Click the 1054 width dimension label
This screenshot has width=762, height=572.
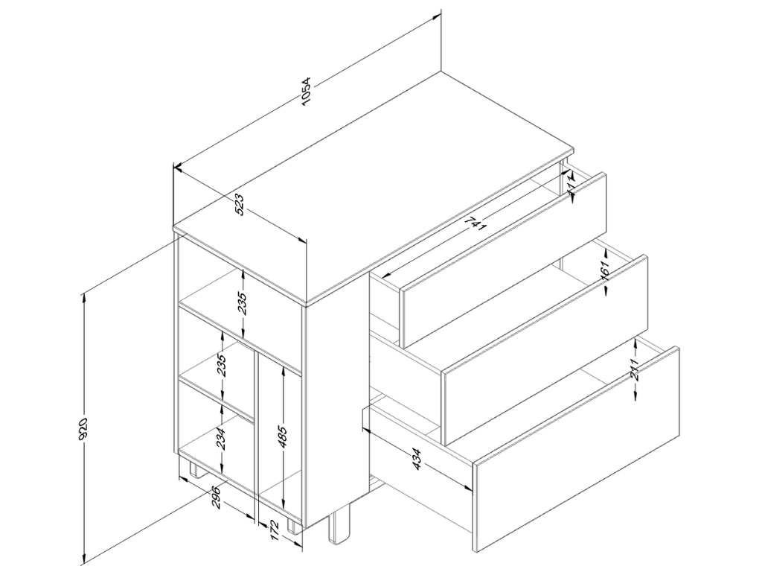(x=305, y=91)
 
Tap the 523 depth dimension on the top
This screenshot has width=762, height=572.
(x=240, y=206)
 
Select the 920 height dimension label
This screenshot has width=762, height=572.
(x=83, y=429)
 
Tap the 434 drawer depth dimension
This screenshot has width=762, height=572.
(x=417, y=460)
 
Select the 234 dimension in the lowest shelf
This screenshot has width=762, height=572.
(x=221, y=439)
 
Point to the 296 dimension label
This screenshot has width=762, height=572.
(x=217, y=498)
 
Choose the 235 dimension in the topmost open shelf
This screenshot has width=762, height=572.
(x=243, y=302)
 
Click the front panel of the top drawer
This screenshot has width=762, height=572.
(x=503, y=260)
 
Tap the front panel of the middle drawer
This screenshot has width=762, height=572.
(x=545, y=350)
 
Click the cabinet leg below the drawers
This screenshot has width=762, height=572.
(x=339, y=527)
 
